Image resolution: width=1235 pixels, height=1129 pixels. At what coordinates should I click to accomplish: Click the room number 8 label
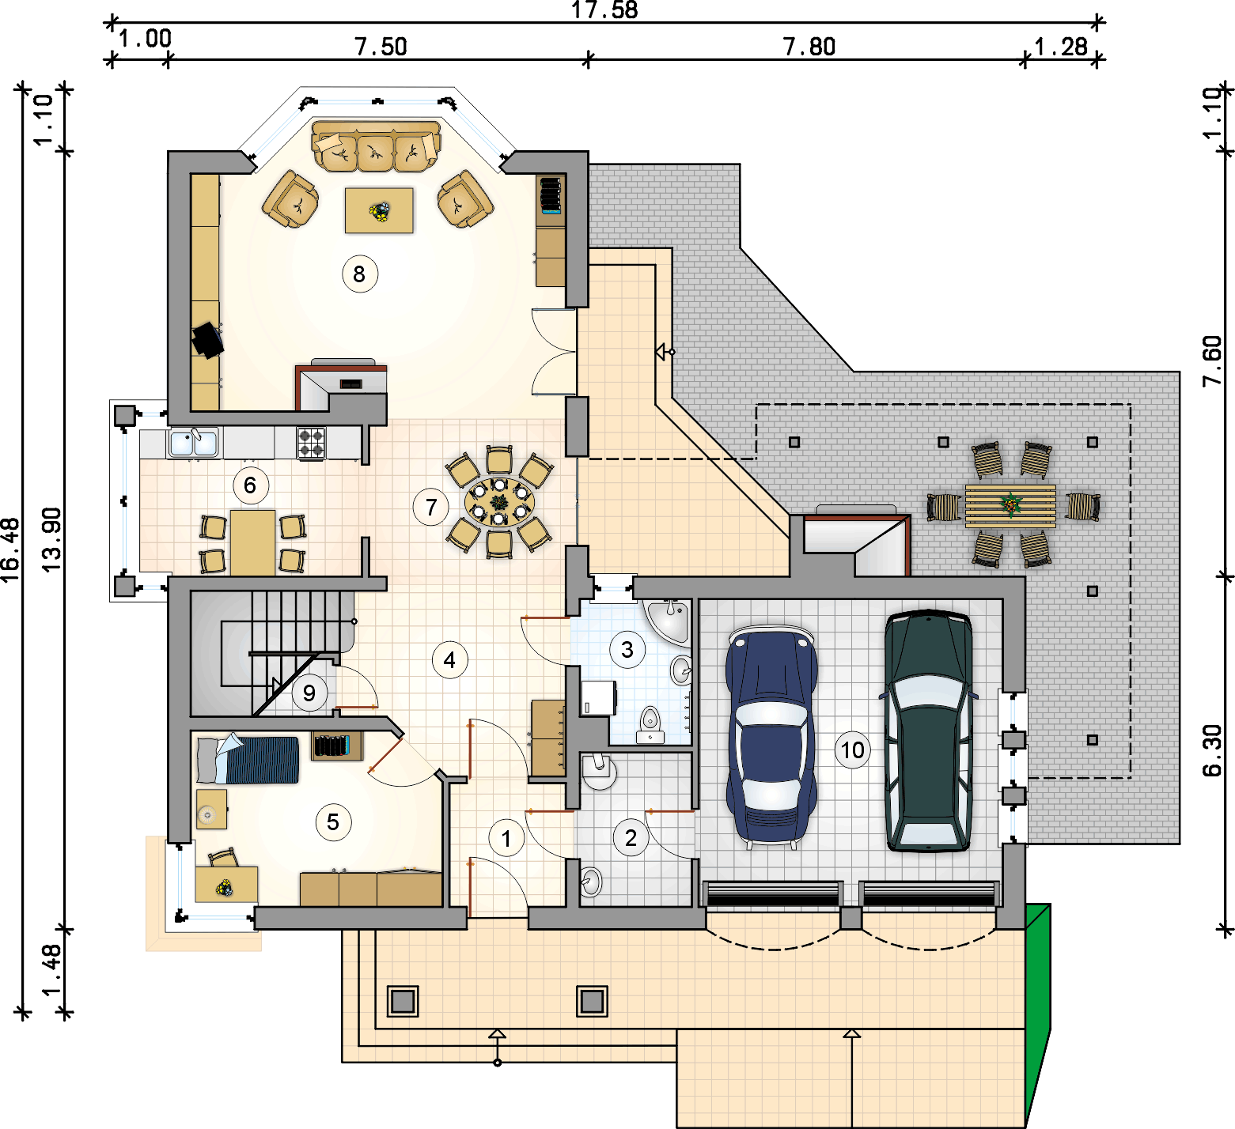(x=360, y=274)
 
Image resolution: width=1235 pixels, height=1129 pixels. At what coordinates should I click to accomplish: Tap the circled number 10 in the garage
(x=852, y=750)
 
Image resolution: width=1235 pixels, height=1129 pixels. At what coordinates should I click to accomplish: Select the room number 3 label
(x=627, y=650)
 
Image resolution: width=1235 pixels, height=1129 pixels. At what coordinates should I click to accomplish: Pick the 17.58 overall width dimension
(x=604, y=10)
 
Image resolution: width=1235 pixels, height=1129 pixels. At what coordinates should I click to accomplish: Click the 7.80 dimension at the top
(x=809, y=47)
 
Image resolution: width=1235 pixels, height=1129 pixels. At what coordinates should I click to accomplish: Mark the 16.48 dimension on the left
(x=10, y=550)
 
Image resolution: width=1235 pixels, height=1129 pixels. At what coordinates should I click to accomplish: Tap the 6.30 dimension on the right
(x=1212, y=750)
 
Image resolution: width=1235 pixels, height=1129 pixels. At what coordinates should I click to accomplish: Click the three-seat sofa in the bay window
(x=376, y=145)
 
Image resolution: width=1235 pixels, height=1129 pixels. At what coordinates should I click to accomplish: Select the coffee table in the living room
(x=379, y=210)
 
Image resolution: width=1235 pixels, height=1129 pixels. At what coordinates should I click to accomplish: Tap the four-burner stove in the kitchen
(x=311, y=444)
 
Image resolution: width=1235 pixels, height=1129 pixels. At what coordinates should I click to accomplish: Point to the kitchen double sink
(x=194, y=442)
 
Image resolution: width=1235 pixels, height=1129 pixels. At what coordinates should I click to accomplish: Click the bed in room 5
(x=248, y=759)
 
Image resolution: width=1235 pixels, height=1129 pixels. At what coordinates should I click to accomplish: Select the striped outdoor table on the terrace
(x=1010, y=506)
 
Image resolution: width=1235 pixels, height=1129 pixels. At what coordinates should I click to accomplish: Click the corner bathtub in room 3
(x=669, y=621)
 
